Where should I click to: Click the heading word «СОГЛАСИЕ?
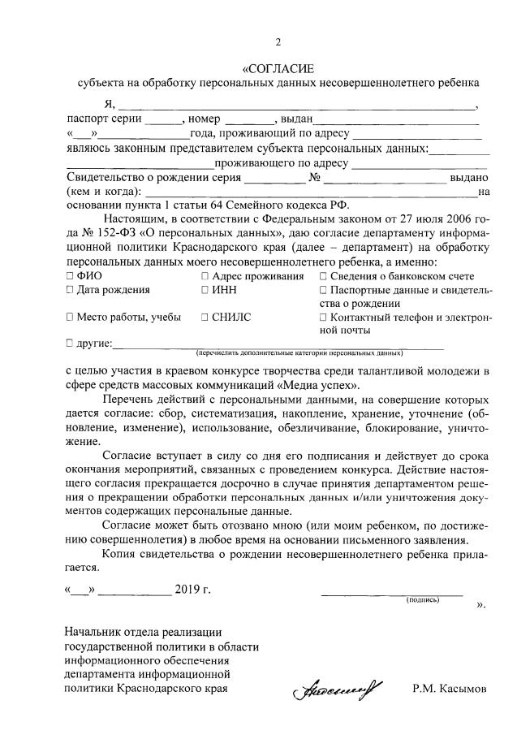[278, 67]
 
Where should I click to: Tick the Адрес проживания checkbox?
[205, 277]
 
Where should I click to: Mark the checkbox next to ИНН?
[205, 291]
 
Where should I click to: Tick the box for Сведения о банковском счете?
[324, 277]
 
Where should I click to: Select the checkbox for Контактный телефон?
[324, 318]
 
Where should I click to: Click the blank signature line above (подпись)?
[393, 591]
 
